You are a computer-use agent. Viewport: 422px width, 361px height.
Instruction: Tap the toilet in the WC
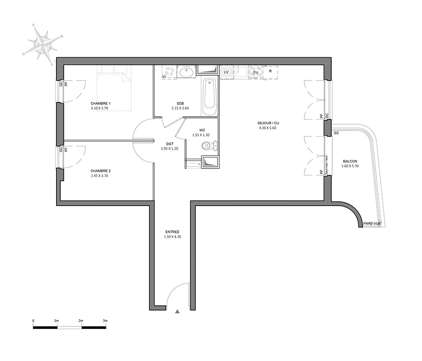(210, 146)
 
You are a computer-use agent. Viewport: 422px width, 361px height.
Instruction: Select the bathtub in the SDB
(209, 97)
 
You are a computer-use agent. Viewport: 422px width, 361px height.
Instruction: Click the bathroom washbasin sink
(186, 72)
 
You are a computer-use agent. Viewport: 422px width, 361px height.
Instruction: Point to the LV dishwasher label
(226, 72)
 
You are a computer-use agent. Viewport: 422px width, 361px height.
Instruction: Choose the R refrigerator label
(270, 71)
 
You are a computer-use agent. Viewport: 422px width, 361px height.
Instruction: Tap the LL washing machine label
(164, 76)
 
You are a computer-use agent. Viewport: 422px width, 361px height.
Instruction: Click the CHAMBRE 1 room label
(100, 103)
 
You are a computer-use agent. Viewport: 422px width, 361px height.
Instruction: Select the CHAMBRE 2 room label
(100, 171)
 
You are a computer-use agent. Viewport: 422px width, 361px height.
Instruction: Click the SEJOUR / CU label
(268, 123)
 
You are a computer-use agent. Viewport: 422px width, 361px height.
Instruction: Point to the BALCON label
(350, 161)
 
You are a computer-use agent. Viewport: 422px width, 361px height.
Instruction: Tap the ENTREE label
(172, 232)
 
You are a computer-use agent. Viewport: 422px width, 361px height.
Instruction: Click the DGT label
(170, 144)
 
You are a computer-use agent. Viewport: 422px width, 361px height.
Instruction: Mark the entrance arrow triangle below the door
(177, 312)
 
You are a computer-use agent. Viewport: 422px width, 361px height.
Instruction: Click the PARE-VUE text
(372, 224)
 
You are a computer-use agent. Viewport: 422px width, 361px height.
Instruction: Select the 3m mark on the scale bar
(105, 321)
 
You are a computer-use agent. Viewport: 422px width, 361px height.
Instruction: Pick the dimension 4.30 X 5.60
(268, 128)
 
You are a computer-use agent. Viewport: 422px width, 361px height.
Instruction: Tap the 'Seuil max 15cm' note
(326, 165)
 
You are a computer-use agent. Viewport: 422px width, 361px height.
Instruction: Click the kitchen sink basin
(241, 72)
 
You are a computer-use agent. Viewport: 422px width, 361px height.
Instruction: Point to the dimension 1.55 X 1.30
(201, 135)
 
